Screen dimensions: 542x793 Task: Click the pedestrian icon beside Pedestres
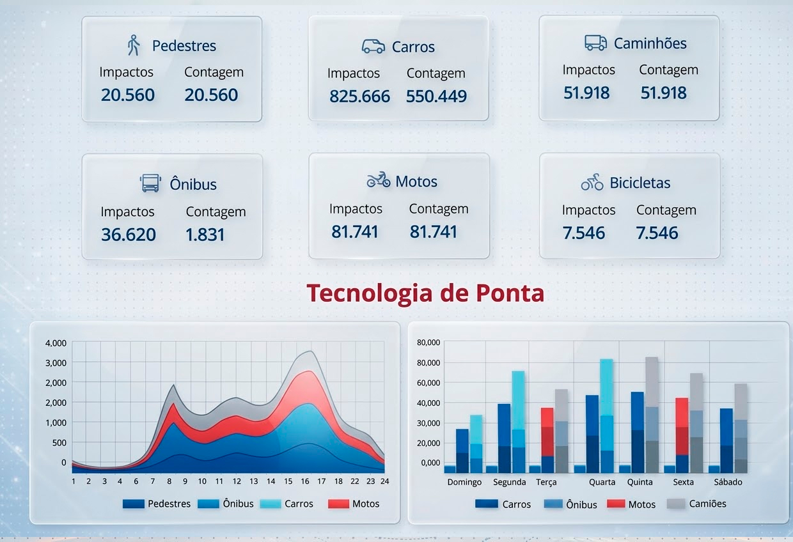coord(134,45)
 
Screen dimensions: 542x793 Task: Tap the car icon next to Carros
coord(373,46)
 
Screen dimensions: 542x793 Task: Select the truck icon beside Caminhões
coord(595,43)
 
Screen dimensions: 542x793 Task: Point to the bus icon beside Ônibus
coord(150,183)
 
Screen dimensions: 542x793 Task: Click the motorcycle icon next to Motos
coord(378,180)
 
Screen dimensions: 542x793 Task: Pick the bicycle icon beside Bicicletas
coord(592,182)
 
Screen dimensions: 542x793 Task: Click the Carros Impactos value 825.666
coord(359,97)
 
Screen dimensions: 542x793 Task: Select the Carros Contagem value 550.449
coord(436,97)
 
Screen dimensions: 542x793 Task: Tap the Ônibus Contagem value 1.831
coord(205,235)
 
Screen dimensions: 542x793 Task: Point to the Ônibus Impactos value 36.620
coord(129,235)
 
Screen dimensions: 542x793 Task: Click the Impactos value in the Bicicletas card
coord(584,233)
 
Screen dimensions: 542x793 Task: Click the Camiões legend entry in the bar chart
coord(707,504)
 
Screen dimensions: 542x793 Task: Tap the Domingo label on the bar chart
coord(464,482)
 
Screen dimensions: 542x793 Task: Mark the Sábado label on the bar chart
coord(728,482)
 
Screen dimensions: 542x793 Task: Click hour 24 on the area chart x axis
coord(385,481)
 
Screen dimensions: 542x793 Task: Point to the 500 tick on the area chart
coord(59,442)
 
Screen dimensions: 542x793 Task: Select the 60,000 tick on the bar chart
coord(428,382)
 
